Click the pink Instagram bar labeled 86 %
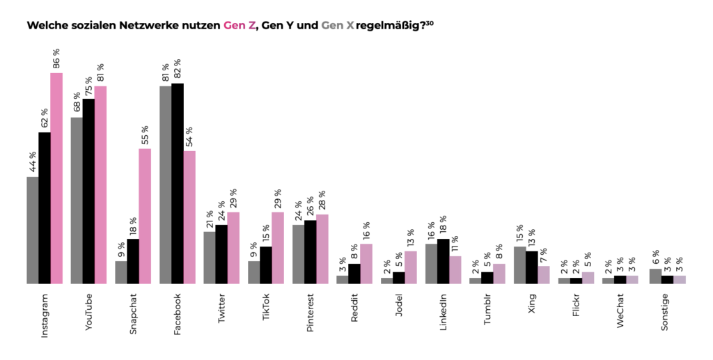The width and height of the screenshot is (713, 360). pyautogui.click(x=56, y=178)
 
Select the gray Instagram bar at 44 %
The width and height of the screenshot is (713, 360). pyautogui.click(x=32, y=230)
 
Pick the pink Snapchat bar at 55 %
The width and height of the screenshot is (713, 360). pyautogui.click(x=145, y=216)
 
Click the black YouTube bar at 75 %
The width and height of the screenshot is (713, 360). pyautogui.click(x=88, y=191)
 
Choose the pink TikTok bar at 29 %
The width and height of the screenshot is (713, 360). pyautogui.click(x=278, y=248)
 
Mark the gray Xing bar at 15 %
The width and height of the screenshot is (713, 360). pyautogui.click(x=519, y=265)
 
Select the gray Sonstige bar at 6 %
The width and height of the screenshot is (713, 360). pyautogui.click(x=655, y=276)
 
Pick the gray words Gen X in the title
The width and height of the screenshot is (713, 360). pyautogui.click(x=337, y=26)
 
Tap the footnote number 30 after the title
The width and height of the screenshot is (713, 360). pyautogui.click(x=430, y=22)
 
